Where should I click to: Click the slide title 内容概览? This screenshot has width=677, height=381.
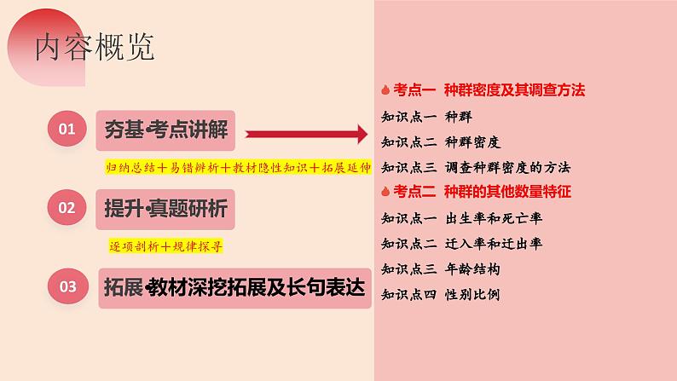[x=95, y=49]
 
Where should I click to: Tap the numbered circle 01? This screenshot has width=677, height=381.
[x=67, y=130]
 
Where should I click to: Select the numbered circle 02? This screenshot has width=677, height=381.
[x=67, y=207]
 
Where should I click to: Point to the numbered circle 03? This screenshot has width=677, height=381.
[x=67, y=287]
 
